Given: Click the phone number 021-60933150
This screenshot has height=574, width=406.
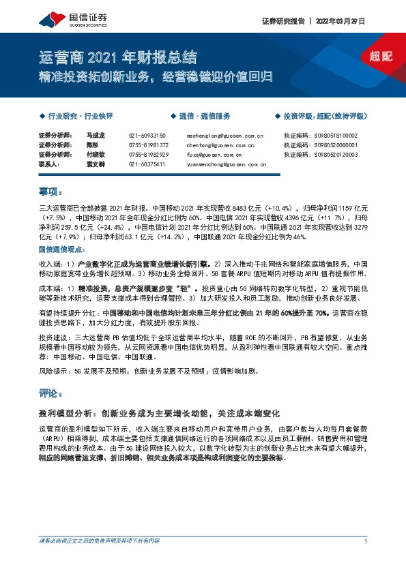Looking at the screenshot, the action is [x=147, y=136].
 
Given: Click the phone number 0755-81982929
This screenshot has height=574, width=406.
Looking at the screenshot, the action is [x=148, y=155].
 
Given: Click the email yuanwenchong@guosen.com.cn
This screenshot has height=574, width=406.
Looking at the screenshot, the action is [x=226, y=164].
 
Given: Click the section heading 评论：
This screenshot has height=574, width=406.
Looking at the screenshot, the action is [x=51, y=393].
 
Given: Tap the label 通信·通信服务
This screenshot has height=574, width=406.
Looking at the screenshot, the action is [x=205, y=116].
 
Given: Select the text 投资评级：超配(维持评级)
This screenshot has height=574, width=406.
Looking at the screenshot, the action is [x=323, y=116].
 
